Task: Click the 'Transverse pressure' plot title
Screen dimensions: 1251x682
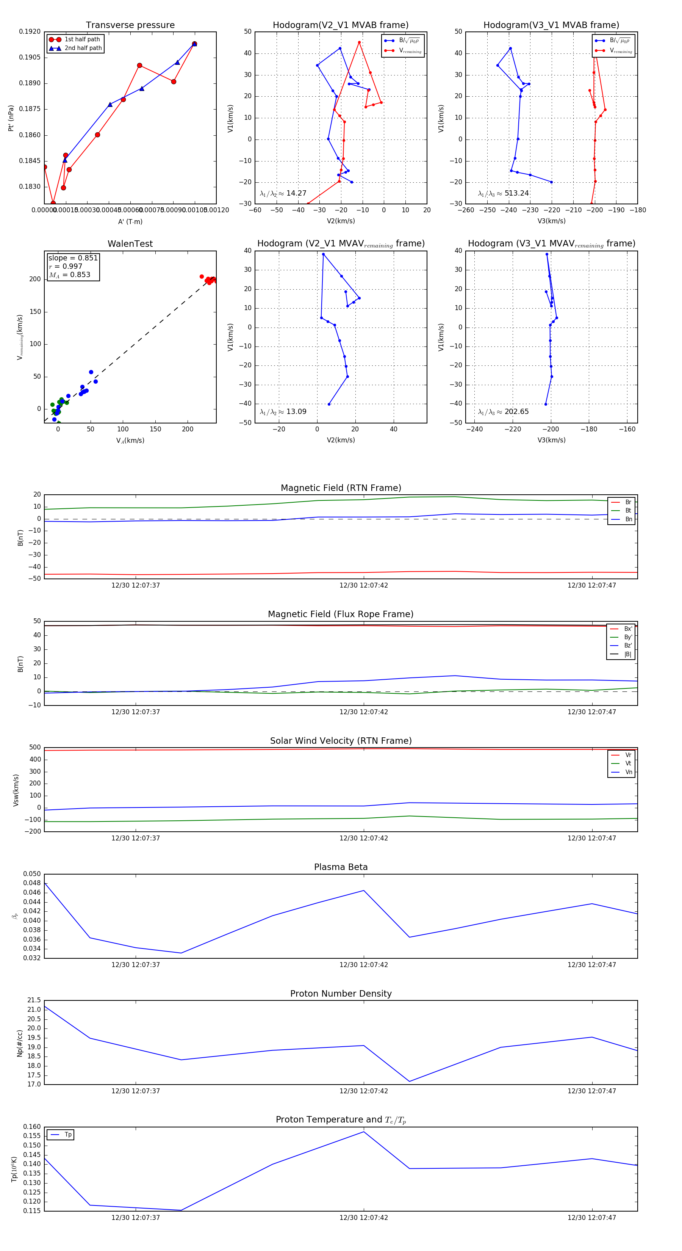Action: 130,25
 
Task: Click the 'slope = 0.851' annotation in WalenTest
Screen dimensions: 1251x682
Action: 73,258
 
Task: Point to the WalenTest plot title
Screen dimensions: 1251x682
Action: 130,244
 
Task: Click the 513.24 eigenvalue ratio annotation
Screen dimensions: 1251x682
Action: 504,193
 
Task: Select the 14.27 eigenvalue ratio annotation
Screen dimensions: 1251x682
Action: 283,193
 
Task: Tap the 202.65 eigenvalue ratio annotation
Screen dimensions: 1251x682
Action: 504,412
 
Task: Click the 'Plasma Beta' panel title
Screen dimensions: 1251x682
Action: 341,867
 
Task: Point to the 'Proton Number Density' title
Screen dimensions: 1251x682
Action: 341,994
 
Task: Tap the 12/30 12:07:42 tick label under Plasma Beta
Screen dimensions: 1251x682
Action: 364,964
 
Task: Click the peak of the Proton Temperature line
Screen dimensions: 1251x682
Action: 364,1132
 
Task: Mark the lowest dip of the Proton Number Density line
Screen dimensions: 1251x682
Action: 409,1082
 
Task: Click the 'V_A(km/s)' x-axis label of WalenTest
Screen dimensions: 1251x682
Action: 130,441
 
